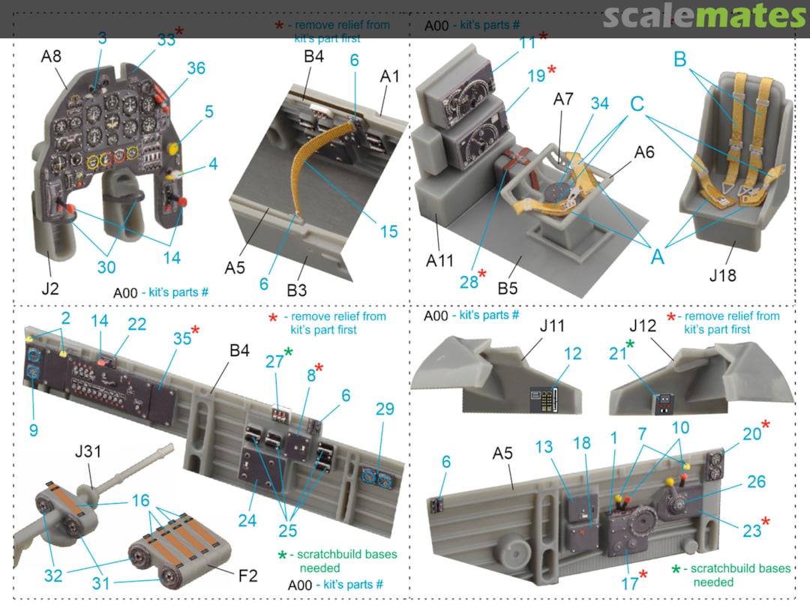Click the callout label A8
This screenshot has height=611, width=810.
51,55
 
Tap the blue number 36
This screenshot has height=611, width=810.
196,68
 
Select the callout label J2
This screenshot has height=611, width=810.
50,288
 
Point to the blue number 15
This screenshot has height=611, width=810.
389,232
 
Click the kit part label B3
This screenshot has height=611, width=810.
296,290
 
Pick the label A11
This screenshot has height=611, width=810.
439,261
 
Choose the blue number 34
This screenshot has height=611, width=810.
599,103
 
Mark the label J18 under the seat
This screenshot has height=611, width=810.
722,275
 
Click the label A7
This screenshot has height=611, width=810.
563,99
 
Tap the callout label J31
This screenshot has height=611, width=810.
88,451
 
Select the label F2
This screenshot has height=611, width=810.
248,575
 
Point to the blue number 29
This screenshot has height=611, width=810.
385,409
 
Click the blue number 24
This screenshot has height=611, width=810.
247,520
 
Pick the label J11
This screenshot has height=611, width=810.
552,326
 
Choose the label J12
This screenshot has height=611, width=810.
643,326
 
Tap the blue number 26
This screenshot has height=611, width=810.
756,481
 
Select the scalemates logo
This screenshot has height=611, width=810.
704,16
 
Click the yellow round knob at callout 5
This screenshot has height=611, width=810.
175,147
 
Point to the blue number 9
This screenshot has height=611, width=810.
34,430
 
